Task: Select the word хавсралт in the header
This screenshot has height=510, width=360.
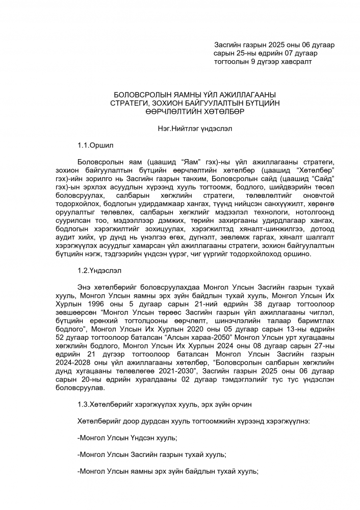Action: coord(296,61)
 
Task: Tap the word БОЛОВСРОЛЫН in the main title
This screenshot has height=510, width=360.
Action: coord(138,95)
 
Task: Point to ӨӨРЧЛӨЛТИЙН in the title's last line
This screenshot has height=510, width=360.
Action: coord(169,111)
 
